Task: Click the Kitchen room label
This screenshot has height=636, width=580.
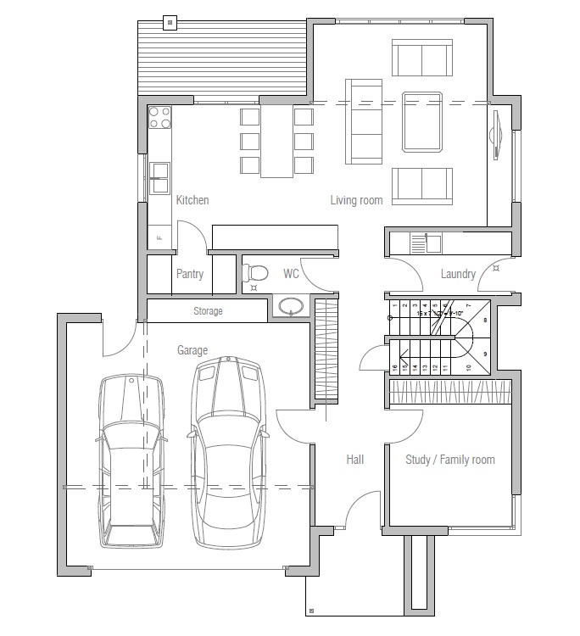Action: [192, 201]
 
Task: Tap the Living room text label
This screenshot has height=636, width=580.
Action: [356, 201]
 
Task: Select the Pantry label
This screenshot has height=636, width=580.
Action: [190, 274]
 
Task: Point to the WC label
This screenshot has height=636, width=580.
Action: [291, 274]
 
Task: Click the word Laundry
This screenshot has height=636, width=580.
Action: [458, 274]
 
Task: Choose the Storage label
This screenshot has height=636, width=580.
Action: [208, 311]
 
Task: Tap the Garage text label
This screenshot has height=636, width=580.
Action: [192, 349]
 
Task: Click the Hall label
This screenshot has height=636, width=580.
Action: [355, 460]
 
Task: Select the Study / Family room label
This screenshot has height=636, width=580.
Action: [450, 460]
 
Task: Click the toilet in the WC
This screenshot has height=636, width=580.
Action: [254, 272]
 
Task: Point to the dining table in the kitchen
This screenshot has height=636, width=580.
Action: [276, 140]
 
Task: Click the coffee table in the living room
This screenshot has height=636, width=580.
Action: [422, 120]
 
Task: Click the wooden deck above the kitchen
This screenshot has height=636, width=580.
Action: [222, 58]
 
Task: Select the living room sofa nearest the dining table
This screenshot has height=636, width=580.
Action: [364, 120]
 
